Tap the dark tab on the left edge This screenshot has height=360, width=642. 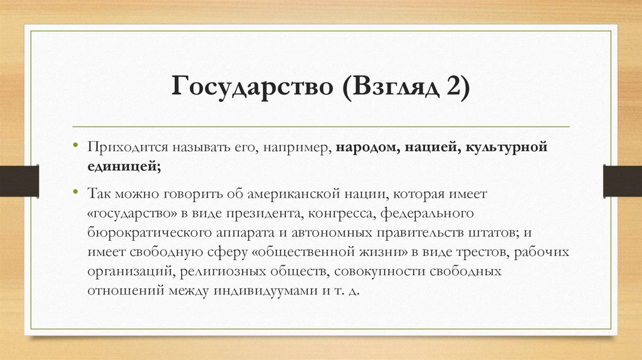pos(19,180)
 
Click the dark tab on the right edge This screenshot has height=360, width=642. pos(623,180)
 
